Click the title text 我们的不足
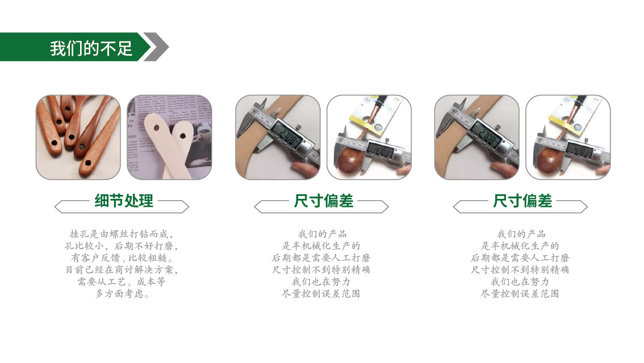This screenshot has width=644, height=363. [91, 48]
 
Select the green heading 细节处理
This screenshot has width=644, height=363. [124, 201]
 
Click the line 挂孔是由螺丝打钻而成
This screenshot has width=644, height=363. [121, 234]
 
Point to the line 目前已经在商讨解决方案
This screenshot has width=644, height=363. [122, 270]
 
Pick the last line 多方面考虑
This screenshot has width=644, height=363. [122, 294]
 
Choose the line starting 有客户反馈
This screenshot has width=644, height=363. [122, 258]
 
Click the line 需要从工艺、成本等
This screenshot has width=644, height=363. [122, 282]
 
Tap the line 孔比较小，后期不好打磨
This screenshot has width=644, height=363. [122, 246]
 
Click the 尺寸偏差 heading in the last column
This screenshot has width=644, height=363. [522, 201]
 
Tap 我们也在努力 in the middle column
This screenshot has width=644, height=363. [321, 282]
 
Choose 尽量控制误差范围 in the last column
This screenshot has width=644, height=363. [520, 294]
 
